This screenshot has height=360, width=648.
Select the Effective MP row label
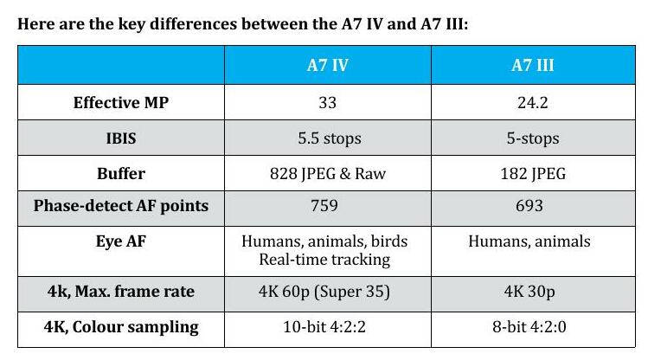coord(120,103)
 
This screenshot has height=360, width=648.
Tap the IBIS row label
coord(120,138)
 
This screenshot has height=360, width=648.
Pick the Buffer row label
coord(120,174)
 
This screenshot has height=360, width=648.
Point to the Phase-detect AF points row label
coord(120,206)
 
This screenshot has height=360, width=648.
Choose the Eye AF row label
coord(120,241)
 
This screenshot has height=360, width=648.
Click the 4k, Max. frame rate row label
coord(120,292)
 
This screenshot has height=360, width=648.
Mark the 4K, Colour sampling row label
coord(120,326)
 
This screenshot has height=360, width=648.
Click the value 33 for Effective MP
coord(328,103)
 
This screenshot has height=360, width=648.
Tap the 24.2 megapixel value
coord(530,103)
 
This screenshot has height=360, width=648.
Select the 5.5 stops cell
coord(328,138)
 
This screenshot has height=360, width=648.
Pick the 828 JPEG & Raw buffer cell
coord(328,174)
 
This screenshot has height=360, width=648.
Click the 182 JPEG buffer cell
coord(530,174)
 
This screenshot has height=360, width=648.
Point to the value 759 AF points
coord(328,206)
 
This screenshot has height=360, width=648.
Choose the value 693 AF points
coord(530,206)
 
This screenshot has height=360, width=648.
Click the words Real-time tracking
coord(328,259)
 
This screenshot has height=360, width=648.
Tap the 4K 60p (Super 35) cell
coord(328,292)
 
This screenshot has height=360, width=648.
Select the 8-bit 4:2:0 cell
coord(530,326)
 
